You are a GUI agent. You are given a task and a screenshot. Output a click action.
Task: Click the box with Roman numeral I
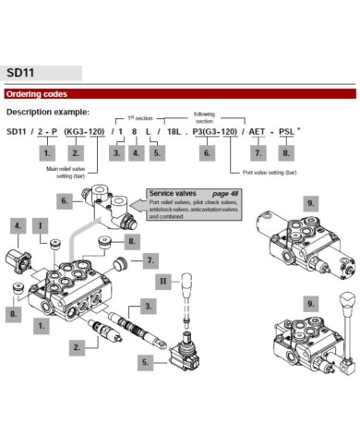click(40, 224)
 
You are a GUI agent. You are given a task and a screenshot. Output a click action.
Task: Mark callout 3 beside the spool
click(149, 304)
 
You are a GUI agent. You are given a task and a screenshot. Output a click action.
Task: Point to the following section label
click(204, 116)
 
